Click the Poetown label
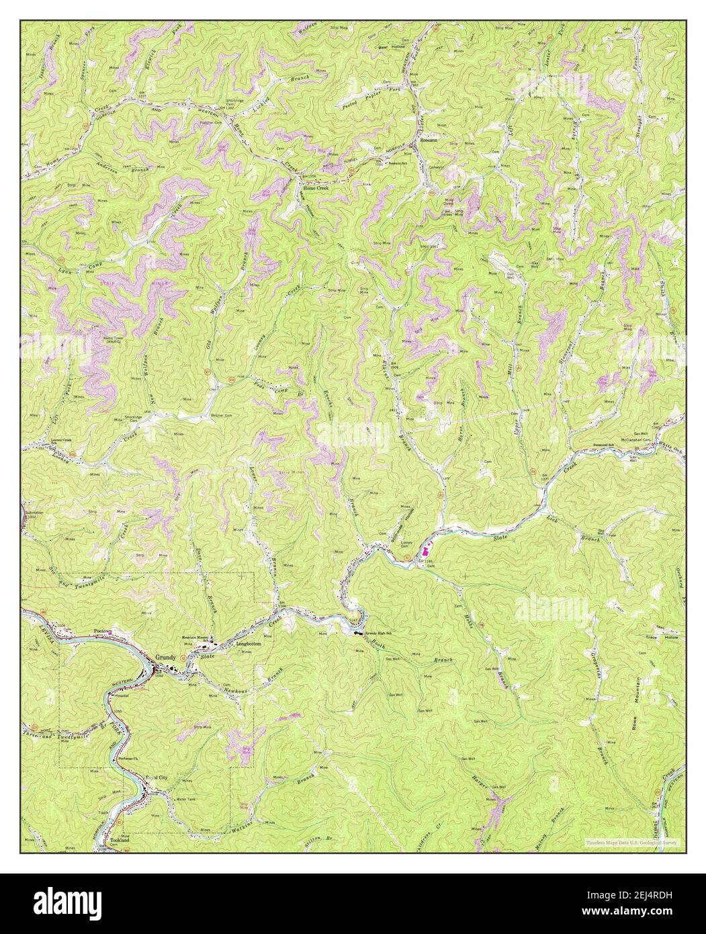point(102,632)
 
